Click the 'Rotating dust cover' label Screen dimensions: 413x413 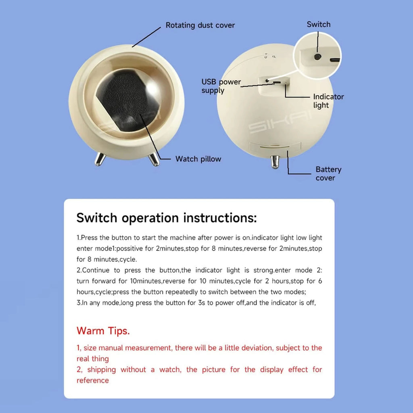[x=200, y=25]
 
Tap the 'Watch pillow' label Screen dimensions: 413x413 [x=198, y=159]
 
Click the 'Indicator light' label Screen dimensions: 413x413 [x=328, y=101]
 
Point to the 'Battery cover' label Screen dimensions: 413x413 [x=328, y=174]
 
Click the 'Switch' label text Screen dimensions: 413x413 [x=318, y=25]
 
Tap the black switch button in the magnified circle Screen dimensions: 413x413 [x=318, y=57]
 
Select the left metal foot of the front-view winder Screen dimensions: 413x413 [x=100, y=159]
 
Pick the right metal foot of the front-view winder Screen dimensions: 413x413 [x=154, y=159]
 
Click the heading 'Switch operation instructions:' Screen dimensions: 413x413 [x=166, y=218]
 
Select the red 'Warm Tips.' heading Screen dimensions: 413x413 [x=103, y=331]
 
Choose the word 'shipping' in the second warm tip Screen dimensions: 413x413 [x=101, y=369]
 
